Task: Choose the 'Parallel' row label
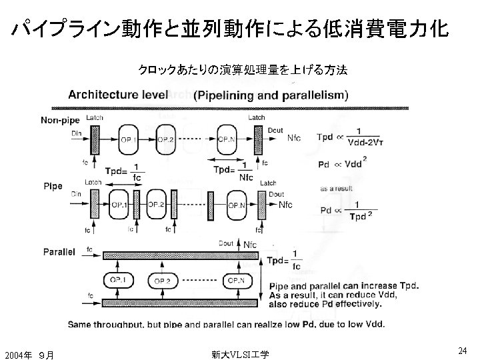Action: [58, 252]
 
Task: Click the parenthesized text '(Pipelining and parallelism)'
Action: [271, 95]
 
